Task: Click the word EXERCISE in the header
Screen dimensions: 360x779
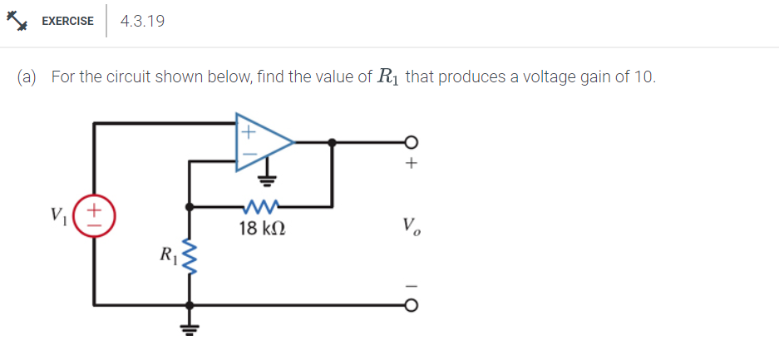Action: pyautogui.click(x=67, y=22)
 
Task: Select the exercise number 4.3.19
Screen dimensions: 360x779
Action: pyautogui.click(x=142, y=22)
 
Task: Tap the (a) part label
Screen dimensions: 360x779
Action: pyautogui.click(x=27, y=77)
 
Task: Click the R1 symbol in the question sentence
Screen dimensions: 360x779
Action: pyautogui.click(x=388, y=77)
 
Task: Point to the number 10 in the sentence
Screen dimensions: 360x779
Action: pyautogui.click(x=643, y=77)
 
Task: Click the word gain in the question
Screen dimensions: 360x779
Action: pyautogui.click(x=586, y=77)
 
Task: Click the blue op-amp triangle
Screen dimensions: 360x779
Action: pyautogui.click(x=262, y=142)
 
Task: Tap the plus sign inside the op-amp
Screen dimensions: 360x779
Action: pyautogui.click(x=247, y=130)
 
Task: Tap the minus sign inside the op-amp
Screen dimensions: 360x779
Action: pyautogui.click(x=247, y=155)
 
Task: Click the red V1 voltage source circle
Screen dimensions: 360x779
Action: pyautogui.click(x=96, y=215)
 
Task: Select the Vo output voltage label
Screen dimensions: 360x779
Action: pyautogui.click(x=409, y=225)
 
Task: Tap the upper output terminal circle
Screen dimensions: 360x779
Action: pyautogui.click(x=408, y=142)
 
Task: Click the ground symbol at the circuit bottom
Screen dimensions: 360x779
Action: pyautogui.click(x=191, y=325)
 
